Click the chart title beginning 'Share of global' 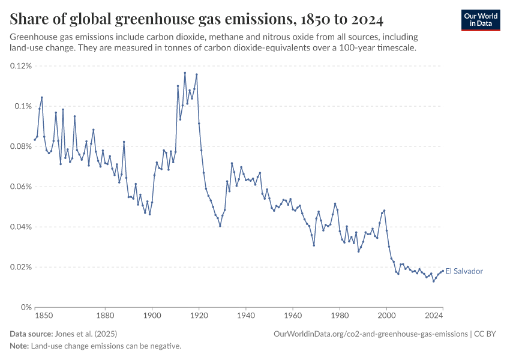[197, 20]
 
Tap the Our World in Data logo [480, 20]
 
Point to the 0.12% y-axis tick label [21, 65]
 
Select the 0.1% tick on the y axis [23, 106]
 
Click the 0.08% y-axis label [21, 146]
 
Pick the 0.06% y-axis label [21, 187]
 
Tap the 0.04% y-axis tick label [21, 227]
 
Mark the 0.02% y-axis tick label [21, 267]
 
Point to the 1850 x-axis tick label [43, 314]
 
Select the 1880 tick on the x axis [105, 314]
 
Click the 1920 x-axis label [199, 314]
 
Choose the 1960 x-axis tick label [293, 314]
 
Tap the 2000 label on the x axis [387, 314]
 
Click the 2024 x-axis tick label [434, 314]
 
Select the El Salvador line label [464, 271]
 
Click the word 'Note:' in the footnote [19, 346]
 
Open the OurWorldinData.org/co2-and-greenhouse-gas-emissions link [370, 334]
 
